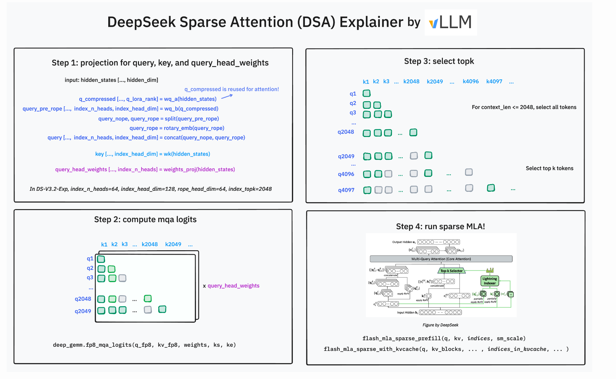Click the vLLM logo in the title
point(450,22)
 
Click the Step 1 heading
point(160,63)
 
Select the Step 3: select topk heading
point(439,61)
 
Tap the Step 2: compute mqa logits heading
point(145,219)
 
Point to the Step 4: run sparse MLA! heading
point(440,226)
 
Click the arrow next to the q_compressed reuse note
point(227,96)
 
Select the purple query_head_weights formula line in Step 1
point(145,169)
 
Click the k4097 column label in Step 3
point(494,81)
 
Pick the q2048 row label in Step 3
point(346,132)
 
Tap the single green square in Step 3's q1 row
point(367,93)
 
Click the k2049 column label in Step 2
point(173,244)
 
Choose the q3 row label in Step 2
point(90,277)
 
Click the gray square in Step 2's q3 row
point(123,278)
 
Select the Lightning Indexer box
point(489,281)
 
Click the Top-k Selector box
point(451,271)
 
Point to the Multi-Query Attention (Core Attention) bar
point(441,259)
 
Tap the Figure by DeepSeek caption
point(440,325)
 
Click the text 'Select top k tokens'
point(550,168)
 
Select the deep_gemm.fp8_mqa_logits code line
point(144,345)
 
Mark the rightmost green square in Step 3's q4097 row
point(491,188)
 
